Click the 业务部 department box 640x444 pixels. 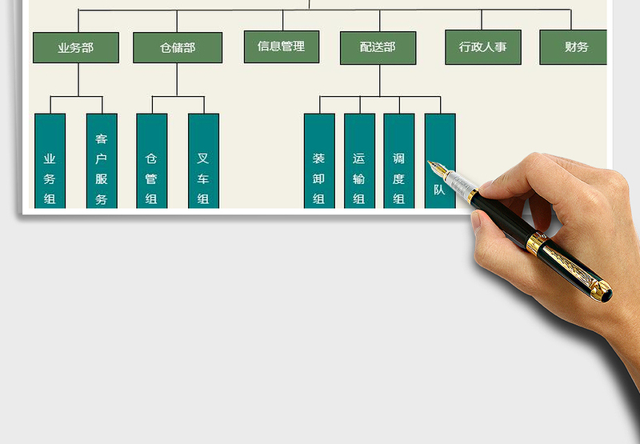76,47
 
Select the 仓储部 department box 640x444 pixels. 178,47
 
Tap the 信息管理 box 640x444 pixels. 282,46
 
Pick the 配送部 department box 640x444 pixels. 379,47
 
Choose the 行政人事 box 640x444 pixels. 482,47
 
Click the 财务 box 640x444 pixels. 574,47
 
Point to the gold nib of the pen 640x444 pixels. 437,168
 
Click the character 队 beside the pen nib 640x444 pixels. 439,190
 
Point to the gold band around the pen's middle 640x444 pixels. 535,243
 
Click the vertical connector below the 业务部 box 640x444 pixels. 78,80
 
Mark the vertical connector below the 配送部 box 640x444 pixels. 380,80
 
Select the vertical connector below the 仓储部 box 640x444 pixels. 178,80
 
